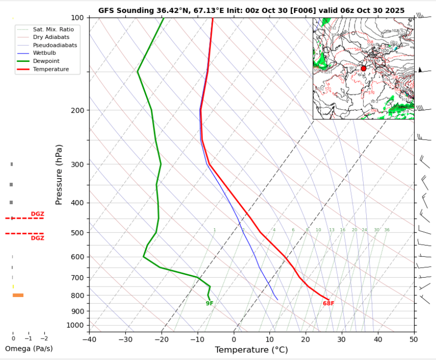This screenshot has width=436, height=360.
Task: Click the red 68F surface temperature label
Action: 328,303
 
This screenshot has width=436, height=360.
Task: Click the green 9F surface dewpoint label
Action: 210,303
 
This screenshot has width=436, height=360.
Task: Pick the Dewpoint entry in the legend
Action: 47,60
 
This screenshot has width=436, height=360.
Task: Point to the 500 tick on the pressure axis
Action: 79,233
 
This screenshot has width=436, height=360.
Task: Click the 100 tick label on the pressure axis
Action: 79,18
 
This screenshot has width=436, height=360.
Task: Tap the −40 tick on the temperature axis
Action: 89,339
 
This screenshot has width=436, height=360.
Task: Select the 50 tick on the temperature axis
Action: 414,339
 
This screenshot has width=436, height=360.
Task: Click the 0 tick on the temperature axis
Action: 233,339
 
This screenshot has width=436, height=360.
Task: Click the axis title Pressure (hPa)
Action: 59,174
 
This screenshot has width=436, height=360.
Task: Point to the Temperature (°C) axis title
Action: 251,350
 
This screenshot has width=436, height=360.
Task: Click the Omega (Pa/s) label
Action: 28,349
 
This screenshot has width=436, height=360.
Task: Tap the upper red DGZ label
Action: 37,214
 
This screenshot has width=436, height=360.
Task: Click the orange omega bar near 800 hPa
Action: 18,295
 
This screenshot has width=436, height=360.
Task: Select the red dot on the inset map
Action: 363,68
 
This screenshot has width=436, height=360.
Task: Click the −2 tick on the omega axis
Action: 44,339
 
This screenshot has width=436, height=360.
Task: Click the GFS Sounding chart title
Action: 251,10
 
